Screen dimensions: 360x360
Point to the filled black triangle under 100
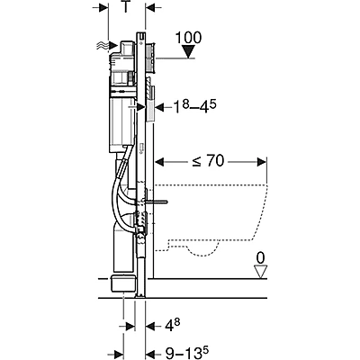pos(186,53)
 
